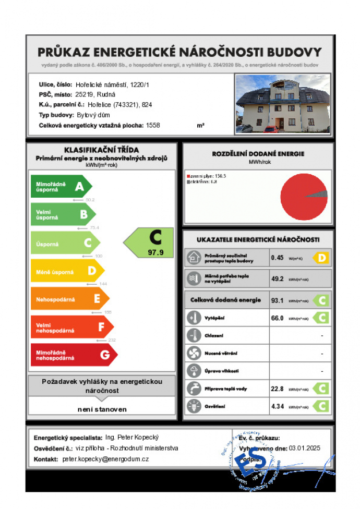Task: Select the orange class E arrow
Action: (x=70, y=299)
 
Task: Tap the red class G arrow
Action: (x=74, y=355)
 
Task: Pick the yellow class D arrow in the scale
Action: (x=67, y=271)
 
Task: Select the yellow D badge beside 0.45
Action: (x=321, y=258)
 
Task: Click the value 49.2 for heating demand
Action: (x=277, y=278)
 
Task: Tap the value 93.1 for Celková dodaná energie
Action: (x=277, y=300)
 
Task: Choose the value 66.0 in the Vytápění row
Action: (x=277, y=318)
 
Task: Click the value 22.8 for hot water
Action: (x=277, y=389)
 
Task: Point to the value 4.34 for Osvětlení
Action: (x=278, y=406)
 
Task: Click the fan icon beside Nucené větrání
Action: (x=194, y=353)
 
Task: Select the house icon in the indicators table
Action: (x=194, y=258)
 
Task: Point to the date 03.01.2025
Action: (x=305, y=448)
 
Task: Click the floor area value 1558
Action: (x=153, y=126)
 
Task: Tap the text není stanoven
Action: (x=102, y=409)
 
